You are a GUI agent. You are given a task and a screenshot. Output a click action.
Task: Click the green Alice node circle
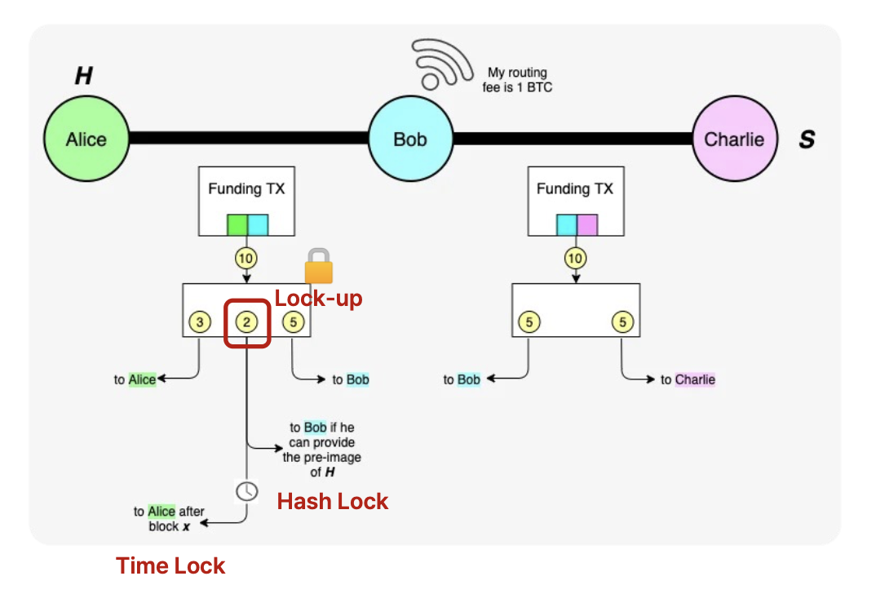(x=86, y=139)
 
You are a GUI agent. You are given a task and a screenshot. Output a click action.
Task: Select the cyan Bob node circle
(x=409, y=139)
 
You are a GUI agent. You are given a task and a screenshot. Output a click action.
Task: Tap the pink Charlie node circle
(x=733, y=139)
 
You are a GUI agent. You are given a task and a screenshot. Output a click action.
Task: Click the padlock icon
(x=320, y=266)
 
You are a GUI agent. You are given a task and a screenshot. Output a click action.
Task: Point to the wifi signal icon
(x=441, y=64)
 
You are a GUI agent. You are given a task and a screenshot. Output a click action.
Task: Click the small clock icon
(x=246, y=490)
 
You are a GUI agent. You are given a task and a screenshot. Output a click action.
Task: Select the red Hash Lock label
(x=333, y=501)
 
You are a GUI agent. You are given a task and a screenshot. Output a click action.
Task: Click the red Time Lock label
(x=170, y=565)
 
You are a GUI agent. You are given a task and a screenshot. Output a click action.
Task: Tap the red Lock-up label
(x=318, y=298)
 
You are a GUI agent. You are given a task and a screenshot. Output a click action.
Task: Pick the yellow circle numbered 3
(x=200, y=322)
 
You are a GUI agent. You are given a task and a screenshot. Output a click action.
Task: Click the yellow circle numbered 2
(x=247, y=322)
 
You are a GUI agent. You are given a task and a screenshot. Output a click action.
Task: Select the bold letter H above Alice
(x=83, y=77)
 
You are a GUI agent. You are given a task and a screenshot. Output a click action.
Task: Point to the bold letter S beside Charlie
(x=806, y=140)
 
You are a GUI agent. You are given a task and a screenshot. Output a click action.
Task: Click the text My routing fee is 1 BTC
(x=517, y=79)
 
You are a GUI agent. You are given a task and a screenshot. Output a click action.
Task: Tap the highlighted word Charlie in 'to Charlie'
(x=695, y=379)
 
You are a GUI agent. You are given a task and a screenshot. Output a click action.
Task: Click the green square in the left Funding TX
(x=237, y=224)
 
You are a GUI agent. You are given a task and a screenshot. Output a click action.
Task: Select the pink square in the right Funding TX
(x=587, y=224)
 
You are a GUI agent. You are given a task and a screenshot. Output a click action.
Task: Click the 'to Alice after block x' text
(x=170, y=519)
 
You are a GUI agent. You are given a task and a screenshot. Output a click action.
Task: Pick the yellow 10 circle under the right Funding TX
(x=575, y=259)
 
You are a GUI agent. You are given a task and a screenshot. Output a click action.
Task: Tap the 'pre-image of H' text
(x=321, y=464)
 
